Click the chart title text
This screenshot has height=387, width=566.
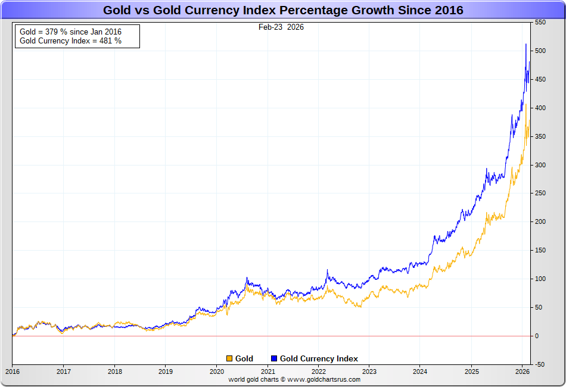(x=283, y=10)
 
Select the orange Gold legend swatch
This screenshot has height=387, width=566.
(x=229, y=358)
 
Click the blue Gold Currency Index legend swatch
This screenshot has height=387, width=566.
(x=274, y=358)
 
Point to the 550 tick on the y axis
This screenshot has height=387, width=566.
(x=540, y=22)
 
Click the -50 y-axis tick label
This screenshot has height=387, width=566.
(x=540, y=364)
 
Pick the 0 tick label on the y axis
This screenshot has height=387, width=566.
(x=536, y=336)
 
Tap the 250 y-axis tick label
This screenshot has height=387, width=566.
(x=540, y=193)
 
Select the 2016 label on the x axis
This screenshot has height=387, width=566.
(x=12, y=371)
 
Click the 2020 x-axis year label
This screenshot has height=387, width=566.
(x=216, y=371)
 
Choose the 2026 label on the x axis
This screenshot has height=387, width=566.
(x=522, y=371)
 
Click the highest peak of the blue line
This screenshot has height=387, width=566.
(x=525, y=44)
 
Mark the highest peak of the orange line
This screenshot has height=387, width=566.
(x=526, y=104)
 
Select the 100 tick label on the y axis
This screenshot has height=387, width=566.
(x=540, y=279)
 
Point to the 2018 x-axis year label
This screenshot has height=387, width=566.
(x=114, y=371)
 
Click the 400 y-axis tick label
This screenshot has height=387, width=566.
(x=540, y=108)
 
